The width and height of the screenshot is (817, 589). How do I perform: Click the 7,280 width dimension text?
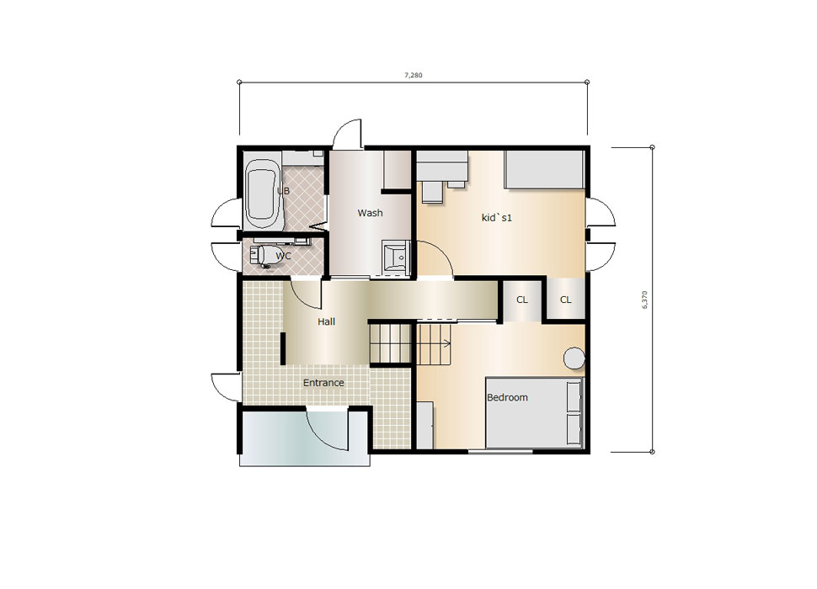coord(414,75)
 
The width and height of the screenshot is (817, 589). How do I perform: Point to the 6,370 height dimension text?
coord(644,300)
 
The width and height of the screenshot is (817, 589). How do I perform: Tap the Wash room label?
coord(370,213)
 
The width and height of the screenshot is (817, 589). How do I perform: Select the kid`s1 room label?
coord(497,217)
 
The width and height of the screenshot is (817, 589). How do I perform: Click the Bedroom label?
coord(507,397)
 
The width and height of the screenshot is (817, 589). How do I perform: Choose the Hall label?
coord(326,321)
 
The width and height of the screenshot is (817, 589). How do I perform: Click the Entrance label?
coord(323,383)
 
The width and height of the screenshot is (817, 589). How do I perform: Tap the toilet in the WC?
coord(267,256)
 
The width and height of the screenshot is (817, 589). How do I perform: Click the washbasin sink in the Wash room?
coord(396,257)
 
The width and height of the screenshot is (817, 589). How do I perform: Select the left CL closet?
coord(522,300)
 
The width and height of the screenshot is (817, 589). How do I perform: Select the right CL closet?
coord(565,300)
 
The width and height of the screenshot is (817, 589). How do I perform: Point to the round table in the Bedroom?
coord(574,358)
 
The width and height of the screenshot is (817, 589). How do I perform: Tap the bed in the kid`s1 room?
coord(543,170)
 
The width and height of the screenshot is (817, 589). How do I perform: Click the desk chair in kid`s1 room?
coord(432,192)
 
